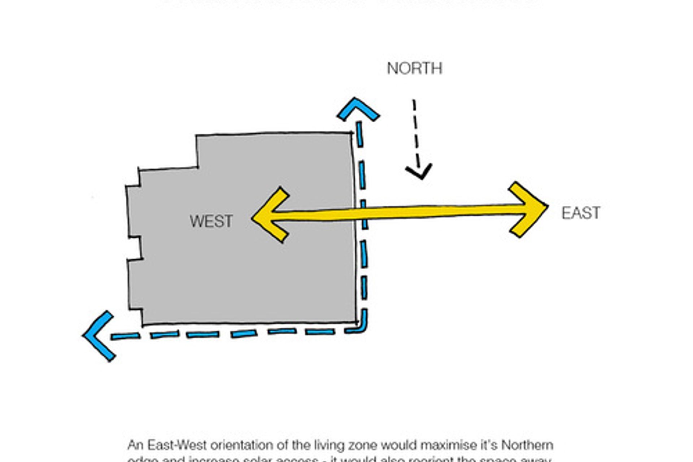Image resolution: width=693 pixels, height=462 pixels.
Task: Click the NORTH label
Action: point(414,69)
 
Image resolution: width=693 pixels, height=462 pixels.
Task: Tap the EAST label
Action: point(581,213)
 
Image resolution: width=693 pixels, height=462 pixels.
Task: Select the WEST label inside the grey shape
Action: point(211,221)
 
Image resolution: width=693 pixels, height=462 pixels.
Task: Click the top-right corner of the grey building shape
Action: point(352,133)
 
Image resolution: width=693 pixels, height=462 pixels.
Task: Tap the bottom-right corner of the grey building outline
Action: point(356,322)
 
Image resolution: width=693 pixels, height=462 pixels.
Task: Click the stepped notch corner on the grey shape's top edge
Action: point(197,167)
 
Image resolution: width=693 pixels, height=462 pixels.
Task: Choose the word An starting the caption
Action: point(135,445)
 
